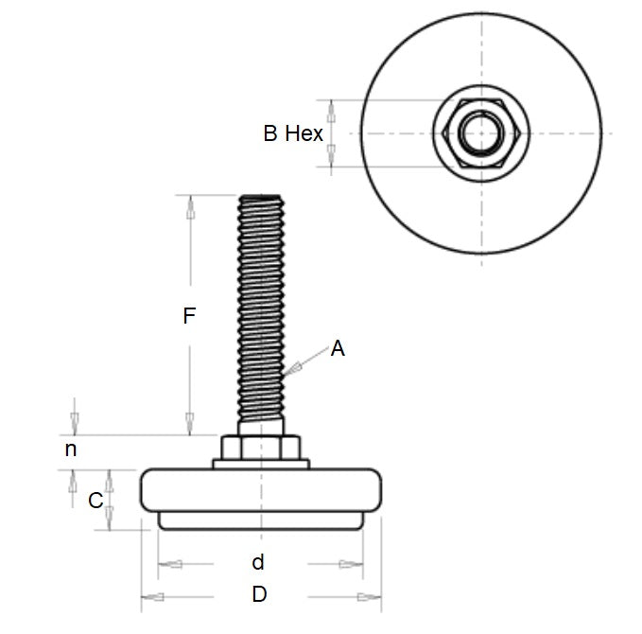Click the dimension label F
click(189, 316)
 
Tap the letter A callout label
click(338, 349)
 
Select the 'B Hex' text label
click(292, 133)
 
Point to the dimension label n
click(71, 449)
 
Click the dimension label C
click(95, 501)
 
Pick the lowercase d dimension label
click(257, 563)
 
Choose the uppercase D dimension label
click(259, 595)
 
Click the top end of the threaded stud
click(262, 199)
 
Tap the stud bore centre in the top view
click(480, 133)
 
